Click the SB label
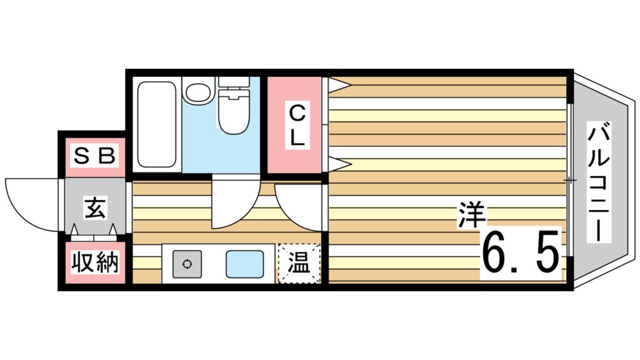(95, 156)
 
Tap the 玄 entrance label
(95, 207)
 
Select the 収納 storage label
(95, 262)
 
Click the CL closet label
(297, 125)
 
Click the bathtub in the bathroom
(157, 124)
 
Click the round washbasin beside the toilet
(199, 92)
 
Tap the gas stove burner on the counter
(187, 264)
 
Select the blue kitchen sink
(245, 264)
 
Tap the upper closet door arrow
(339, 85)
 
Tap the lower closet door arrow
(339, 164)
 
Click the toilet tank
(234, 82)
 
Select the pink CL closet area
(294, 125)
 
